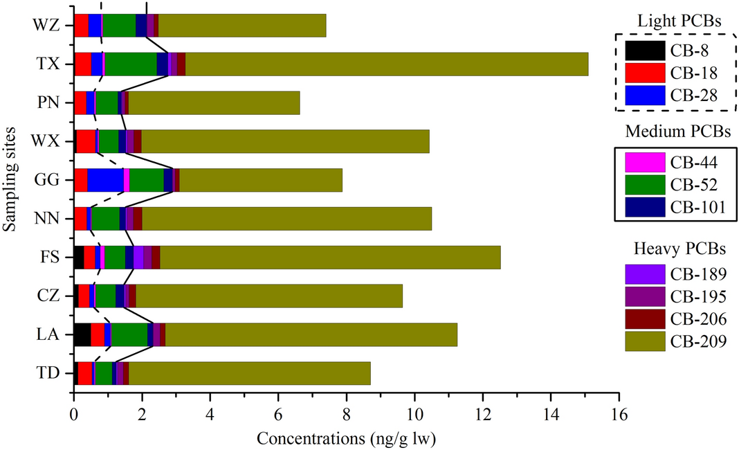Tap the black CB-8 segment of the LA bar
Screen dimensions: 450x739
82,335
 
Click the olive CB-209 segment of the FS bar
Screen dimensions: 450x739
329,258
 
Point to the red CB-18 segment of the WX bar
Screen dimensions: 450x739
86,141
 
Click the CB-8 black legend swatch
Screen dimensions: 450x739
644,51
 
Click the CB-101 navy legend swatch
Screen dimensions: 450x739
644,207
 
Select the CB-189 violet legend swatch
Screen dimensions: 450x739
644,275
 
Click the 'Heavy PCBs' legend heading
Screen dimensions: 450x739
674,249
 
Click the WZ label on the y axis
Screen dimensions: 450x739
44,26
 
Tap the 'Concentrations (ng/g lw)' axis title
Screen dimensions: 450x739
346,438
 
